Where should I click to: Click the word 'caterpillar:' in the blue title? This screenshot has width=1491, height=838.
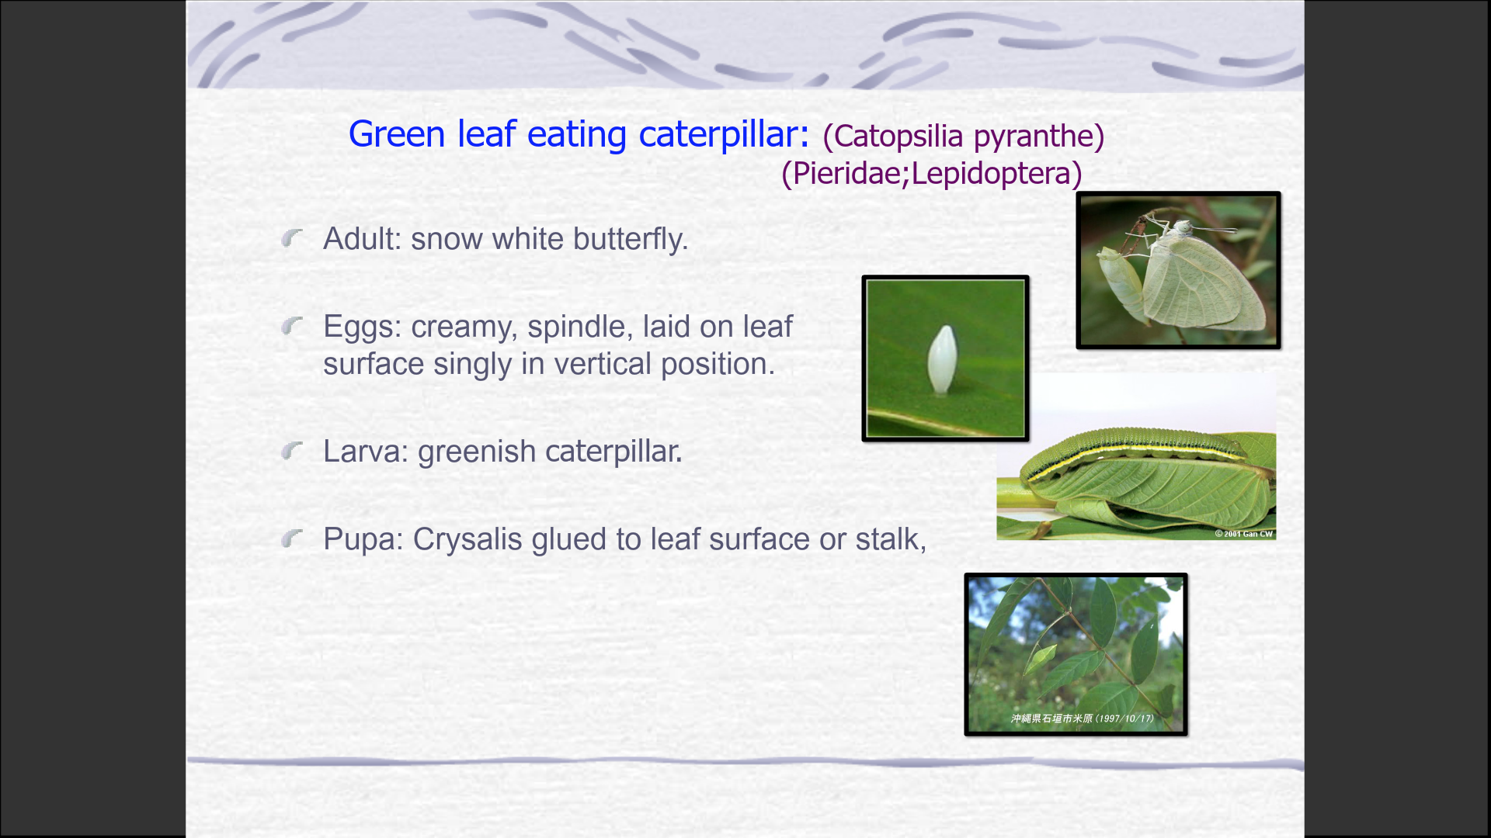click(x=724, y=134)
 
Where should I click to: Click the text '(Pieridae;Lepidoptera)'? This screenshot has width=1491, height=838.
click(x=932, y=173)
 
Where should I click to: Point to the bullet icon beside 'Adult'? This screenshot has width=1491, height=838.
click(x=292, y=238)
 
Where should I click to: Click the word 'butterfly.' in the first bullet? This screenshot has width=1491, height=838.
click(x=631, y=239)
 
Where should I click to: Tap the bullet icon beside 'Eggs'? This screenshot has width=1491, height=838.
click(x=292, y=326)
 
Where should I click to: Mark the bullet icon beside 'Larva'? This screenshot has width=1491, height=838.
click(x=292, y=450)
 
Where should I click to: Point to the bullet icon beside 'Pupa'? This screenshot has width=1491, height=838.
click(x=292, y=538)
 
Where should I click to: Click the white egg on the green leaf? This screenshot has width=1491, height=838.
click(x=940, y=358)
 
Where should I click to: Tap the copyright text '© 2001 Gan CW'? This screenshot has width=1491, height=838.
click(x=1244, y=534)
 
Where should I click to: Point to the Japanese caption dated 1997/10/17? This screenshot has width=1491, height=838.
click(x=1082, y=719)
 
